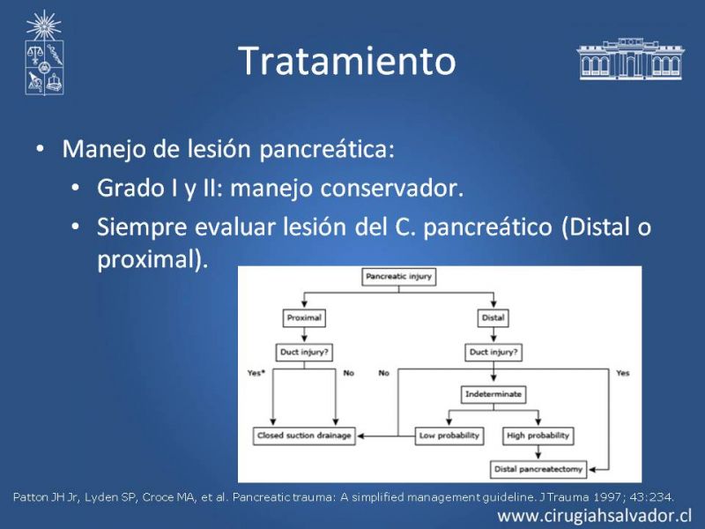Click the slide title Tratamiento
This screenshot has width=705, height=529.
(347, 60)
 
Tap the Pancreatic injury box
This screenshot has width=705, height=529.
(399, 277)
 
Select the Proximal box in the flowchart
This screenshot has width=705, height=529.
(304, 318)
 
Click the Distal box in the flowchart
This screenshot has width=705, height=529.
(493, 318)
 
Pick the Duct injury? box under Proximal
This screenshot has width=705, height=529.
(304, 353)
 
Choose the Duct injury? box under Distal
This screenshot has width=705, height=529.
(493, 353)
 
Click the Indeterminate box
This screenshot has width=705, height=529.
(493, 394)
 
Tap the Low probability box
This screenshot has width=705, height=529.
(449, 436)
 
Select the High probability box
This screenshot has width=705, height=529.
(538, 436)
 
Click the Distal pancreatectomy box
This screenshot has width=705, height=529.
(538, 469)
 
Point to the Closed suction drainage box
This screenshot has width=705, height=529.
(304, 436)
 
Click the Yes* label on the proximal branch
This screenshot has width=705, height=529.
(256, 373)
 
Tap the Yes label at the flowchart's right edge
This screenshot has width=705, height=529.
(623, 373)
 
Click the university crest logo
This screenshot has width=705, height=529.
(44, 53)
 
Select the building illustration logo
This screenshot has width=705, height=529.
(630, 59)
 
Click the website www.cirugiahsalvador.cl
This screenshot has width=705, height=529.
(594, 516)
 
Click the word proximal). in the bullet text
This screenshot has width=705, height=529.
(152, 259)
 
